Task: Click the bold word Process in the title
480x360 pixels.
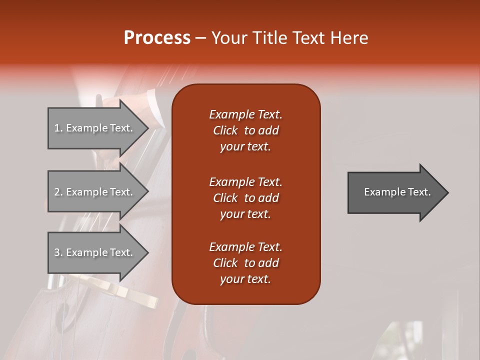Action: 157,38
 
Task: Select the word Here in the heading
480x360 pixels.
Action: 349,38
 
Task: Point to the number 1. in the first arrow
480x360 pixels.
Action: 58,128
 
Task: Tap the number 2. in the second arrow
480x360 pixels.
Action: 58,192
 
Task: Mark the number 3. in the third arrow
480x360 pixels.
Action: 58,253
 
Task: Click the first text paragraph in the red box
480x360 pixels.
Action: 245,130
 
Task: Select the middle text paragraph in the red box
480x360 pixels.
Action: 245,198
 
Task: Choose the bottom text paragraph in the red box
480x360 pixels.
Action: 245,263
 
